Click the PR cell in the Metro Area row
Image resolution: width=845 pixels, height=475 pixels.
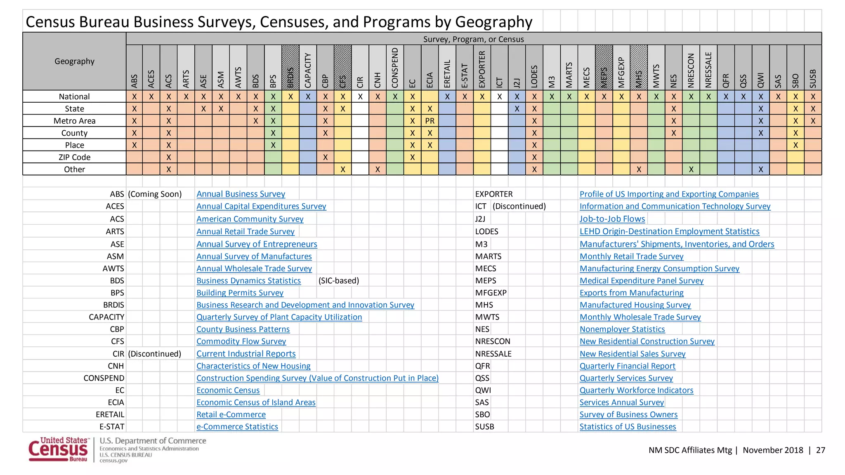(x=430, y=121)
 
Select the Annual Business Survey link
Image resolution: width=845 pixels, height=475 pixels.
(x=241, y=194)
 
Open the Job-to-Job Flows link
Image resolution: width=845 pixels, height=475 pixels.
(x=612, y=219)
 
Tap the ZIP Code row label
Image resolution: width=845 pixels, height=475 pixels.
(x=74, y=157)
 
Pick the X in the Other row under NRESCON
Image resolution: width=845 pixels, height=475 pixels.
(x=691, y=169)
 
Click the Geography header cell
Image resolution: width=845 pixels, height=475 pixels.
(x=74, y=61)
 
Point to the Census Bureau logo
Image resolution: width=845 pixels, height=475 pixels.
(x=58, y=450)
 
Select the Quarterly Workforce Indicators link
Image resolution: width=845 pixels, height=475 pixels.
(x=636, y=390)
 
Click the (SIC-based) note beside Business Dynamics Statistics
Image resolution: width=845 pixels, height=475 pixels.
(x=339, y=281)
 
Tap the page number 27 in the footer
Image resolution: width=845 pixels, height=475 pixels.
(x=820, y=450)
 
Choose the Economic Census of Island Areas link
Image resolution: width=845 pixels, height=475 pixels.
(x=256, y=402)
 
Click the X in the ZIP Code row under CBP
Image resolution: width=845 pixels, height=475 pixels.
(x=326, y=157)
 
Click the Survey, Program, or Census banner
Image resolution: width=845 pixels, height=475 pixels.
(x=473, y=39)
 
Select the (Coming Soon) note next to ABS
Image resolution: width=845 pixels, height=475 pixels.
(x=155, y=194)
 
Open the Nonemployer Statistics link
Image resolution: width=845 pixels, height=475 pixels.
(x=622, y=329)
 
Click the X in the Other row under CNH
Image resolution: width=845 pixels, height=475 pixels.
(x=378, y=169)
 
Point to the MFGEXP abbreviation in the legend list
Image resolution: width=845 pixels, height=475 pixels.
(x=491, y=293)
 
